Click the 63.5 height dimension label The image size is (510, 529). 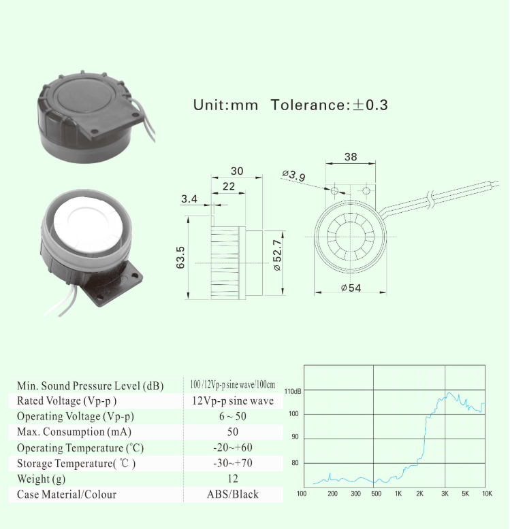[180, 258]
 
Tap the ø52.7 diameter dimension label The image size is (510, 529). [277, 255]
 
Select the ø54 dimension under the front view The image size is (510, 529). [351, 288]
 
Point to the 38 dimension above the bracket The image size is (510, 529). [351, 157]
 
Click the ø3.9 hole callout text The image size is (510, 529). [293, 175]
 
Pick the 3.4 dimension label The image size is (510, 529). [189, 199]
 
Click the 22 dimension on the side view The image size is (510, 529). [229, 186]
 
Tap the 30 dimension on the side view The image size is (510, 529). [237, 171]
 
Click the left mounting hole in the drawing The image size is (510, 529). [334, 191]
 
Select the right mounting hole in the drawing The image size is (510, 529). [366, 191]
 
